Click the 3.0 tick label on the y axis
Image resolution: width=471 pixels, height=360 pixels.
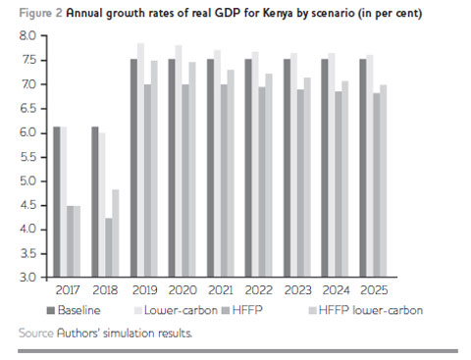tap(26, 278)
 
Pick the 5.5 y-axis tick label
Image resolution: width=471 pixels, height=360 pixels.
tap(26, 157)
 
